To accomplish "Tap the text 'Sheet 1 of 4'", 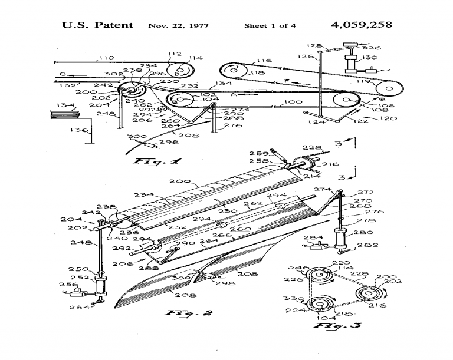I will tap(270, 26).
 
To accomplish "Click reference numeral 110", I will tap(107, 58).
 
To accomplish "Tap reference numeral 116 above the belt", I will tap(264, 60).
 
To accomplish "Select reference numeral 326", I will tap(373, 47).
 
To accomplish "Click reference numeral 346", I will tap(302, 268).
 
